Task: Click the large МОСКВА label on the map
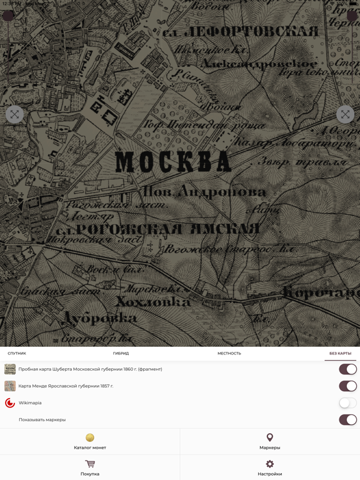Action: coord(173,162)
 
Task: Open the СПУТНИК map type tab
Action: coord(17,353)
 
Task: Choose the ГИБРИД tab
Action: coord(121,353)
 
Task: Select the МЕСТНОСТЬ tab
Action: coord(229,353)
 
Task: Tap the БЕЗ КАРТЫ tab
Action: coord(340,353)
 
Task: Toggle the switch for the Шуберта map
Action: coord(347,369)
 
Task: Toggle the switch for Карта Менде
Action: coord(347,386)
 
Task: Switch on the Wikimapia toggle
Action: coord(347,403)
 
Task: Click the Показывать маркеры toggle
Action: coord(347,420)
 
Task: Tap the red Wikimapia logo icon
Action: coord(10,403)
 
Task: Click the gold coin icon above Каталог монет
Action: coord(90,437)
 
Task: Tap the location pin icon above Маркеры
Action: coord(270,437)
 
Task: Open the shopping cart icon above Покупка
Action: coord(90,464)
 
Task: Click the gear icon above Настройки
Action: coord(270,464)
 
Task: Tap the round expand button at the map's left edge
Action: coord(14,114)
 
